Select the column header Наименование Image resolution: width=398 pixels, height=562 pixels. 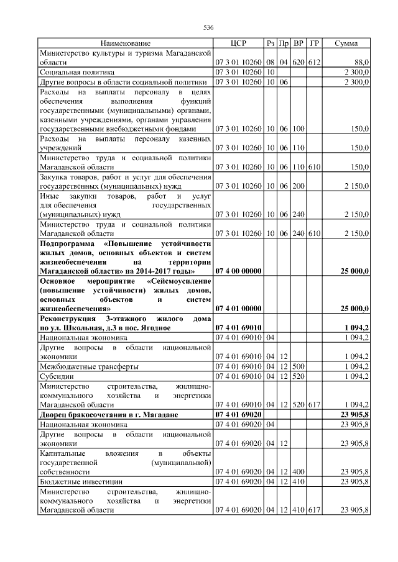(x=125, y=43)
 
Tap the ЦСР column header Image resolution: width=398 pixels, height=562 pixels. (x=238, y=43)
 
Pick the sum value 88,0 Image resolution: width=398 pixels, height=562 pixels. (x=361, y=63)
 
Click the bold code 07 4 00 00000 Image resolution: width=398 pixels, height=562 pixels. (x=238, y=271)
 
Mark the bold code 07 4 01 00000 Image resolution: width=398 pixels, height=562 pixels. (x=238, y=308)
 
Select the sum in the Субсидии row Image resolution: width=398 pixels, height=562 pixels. (x=357, y=376)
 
